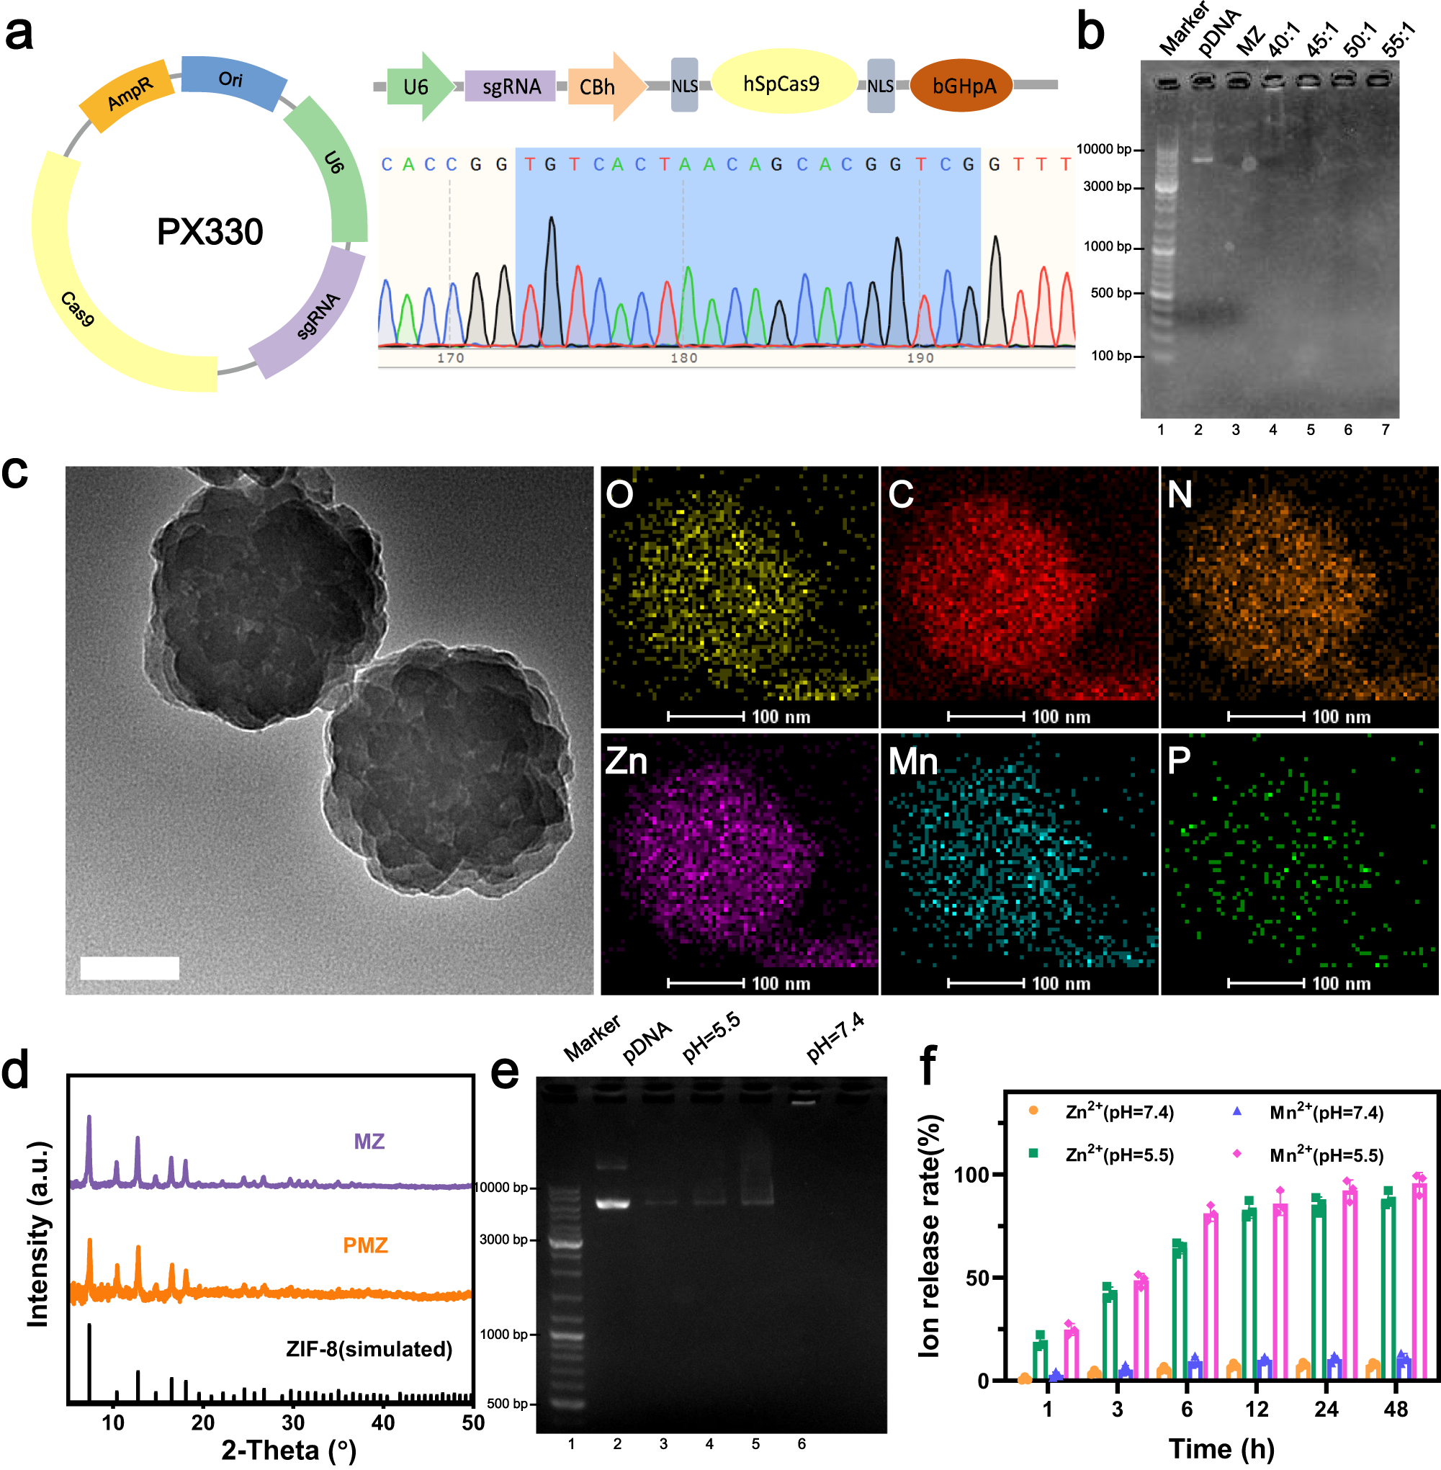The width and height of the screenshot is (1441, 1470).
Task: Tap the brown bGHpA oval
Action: coord(962,86)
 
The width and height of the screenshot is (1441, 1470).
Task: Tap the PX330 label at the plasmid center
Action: coord(210,232)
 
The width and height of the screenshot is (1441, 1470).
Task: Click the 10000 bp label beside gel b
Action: coord(1103,149)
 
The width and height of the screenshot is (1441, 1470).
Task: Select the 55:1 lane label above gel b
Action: coord(1397,40)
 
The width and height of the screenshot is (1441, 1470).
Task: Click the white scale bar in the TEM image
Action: coord(130,967)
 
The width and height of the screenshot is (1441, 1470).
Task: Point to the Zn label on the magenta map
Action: coord(626,761)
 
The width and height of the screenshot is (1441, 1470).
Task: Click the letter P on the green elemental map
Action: coord(1179,761)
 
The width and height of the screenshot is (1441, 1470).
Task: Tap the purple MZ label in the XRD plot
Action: coord(369,1142)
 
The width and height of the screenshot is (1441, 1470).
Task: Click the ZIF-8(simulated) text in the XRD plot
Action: coord(369,1349)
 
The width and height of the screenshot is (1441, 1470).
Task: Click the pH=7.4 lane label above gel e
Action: coord(835,1038)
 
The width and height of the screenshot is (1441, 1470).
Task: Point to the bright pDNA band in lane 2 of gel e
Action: coord(612,1204)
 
